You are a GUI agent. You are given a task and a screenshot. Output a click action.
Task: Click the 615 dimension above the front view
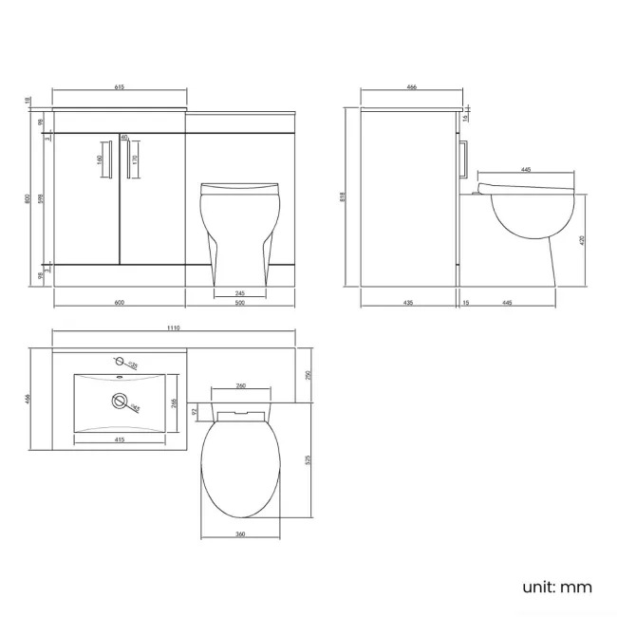[120, 87]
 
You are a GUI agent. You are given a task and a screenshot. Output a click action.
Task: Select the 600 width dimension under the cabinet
[120, 302]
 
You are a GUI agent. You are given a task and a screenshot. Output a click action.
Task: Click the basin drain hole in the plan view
[119, 401]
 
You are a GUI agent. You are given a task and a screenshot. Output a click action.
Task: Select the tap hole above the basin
[119, 362]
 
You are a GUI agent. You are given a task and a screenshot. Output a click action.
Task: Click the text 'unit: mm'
[556, 587]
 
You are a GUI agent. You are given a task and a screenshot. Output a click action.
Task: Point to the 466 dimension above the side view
[411, 87]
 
